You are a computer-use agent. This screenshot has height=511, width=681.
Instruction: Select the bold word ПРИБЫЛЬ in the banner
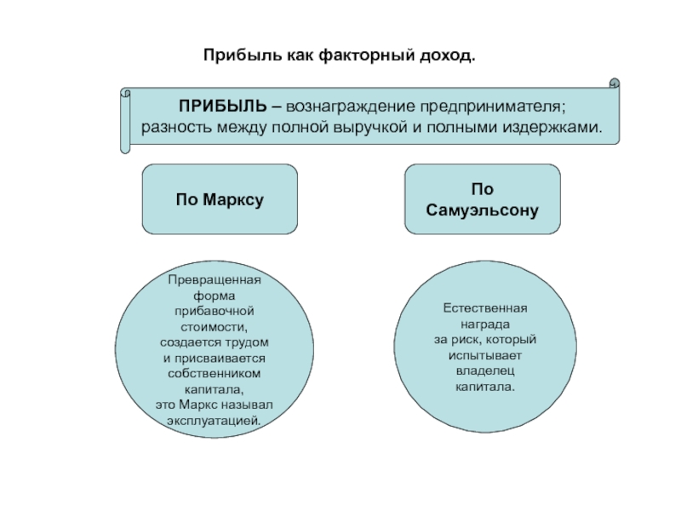[223, 106]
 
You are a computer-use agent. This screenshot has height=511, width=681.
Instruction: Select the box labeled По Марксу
[220, 199]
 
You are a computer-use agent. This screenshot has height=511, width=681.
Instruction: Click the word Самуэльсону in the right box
[482, 210]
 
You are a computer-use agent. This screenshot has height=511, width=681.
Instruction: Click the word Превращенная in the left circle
[215, 280]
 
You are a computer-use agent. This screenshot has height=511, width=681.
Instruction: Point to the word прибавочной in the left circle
[215, 311]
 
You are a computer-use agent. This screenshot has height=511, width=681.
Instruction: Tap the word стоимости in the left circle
[215, 327]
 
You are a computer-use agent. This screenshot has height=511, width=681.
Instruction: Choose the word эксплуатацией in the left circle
[215, 421]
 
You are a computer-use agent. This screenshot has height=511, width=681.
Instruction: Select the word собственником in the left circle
[215, 374]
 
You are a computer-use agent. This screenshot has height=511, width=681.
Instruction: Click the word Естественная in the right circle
[485, 308]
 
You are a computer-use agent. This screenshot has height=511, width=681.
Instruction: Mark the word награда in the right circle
[485, 324]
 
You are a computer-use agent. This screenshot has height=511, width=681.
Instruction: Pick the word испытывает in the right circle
[485, 355]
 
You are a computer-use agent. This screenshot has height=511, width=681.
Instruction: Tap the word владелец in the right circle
[485, 371]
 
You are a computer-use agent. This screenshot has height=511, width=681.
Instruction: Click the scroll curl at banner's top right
[614, 83]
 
